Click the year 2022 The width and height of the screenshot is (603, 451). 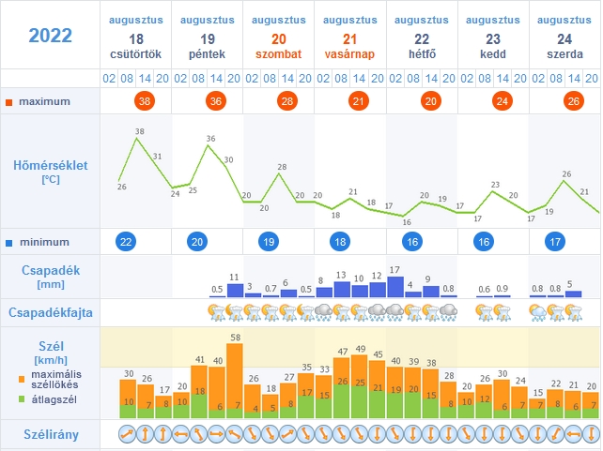click(51, 36)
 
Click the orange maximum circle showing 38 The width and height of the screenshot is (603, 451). click(145, 101)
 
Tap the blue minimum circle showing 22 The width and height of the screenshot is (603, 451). click(126, 242)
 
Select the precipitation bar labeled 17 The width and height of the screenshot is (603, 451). click(394, 287)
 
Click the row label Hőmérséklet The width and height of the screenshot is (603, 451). click(51, 165)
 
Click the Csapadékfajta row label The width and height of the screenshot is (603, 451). click(51, 312)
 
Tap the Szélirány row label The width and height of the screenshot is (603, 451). click(51, 434)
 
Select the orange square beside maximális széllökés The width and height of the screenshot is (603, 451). click(22, 379)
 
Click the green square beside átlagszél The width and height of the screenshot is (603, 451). click(22, 399)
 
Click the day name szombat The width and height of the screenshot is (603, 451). click(278, 54)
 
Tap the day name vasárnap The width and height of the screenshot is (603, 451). click(349, 54)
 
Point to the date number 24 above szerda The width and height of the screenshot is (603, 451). click(564, 39)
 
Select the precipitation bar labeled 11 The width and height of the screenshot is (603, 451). click(236, 291)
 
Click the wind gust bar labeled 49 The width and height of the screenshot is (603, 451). click(360, 386)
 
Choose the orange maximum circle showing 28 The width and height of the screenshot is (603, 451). click(287, 101)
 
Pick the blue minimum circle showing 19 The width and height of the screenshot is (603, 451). click(269, 242)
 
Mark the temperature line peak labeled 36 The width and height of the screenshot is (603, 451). click(209, 145)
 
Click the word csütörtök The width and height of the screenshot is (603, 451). click(136, 54)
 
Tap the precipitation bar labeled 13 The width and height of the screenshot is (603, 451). click(342, 290)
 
